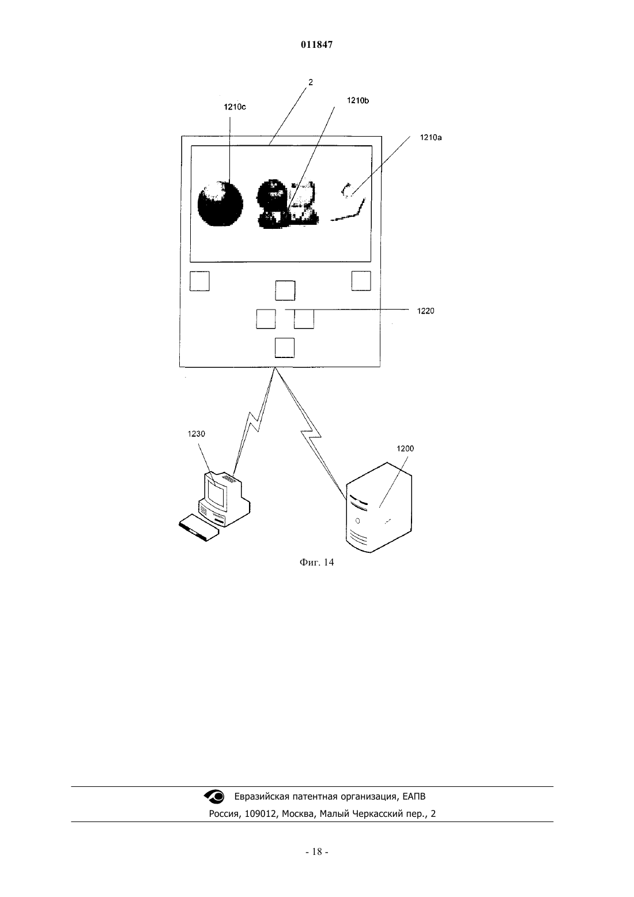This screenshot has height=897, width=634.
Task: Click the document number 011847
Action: pyautogui.click(x=316, y=44)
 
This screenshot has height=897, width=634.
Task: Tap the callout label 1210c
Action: pyautogui.click(x=235, y=107)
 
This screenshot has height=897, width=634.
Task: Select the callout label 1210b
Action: pyautogui.click(x=358, y=100)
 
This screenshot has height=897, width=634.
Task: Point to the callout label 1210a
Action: pyautogui.click(x=431, y=137)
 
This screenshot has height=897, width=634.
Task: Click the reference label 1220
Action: pyautogui.click(x=425, y=311)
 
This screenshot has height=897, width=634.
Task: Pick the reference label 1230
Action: pyautogui.click(x=196, y=434)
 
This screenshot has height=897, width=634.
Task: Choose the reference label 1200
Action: pyautogui.click(x=405, y=448)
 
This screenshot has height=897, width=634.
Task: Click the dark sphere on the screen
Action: pyautogui.click(x=221, y=203)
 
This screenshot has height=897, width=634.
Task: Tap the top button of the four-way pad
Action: pyautogui.click(x=285, y=291)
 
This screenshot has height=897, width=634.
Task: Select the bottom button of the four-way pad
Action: pyautogui.click(x=285, y=348)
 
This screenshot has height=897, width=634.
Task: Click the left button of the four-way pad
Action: pyautogui.click(x=266, y=319)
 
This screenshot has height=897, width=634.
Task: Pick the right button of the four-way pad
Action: pyautogui.click(x=304, y=319)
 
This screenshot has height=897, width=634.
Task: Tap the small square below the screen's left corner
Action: pyautogui.click(x=199, y=281)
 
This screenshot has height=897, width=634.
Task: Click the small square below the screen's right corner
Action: pyautogui.click(x=361, y=280)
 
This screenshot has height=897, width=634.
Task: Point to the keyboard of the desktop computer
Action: pyautogui.click(x=199, y=528)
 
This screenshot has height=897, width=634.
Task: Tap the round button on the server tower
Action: pyautogui.click(x=357, y=521)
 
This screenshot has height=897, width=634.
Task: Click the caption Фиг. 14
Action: pyautogui.click(x=316, y=562)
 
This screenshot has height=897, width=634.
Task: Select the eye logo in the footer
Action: pyautogui.click(x=214, y=797)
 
